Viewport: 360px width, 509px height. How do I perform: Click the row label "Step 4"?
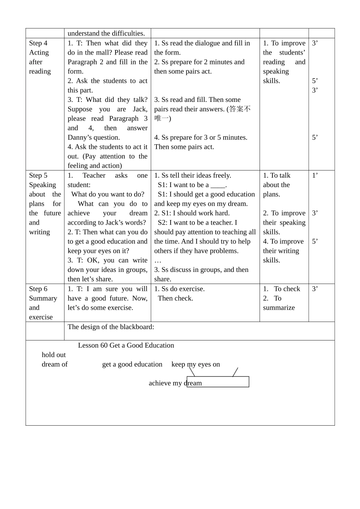pos(38,43)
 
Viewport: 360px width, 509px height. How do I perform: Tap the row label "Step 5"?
pos(38,175)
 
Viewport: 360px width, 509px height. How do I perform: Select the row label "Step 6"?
pos(38,289)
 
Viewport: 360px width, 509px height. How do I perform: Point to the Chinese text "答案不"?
pos(240,109)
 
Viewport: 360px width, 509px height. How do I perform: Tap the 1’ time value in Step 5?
pos(315,175)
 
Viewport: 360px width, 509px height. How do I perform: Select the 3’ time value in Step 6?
pos(315,289)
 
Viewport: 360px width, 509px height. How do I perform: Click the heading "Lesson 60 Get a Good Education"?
pos(126,345)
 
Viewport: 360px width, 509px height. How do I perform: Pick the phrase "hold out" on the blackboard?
pos(53,355)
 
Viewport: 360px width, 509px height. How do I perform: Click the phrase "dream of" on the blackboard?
pos(55,364)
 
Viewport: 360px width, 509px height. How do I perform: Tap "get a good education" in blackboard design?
pos(132,364)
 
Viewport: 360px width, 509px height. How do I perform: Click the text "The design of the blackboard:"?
pos(111,327)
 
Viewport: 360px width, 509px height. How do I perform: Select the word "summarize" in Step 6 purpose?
pos(279,308)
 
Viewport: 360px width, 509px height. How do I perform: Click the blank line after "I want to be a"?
pos(218,185)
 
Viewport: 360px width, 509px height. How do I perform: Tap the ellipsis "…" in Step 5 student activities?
pos(158,261)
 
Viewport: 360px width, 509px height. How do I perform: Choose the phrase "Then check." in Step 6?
pos(175,298)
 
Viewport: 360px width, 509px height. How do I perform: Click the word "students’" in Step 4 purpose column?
pos(292,53)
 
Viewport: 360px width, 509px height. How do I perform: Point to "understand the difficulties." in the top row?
pos(106,33)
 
